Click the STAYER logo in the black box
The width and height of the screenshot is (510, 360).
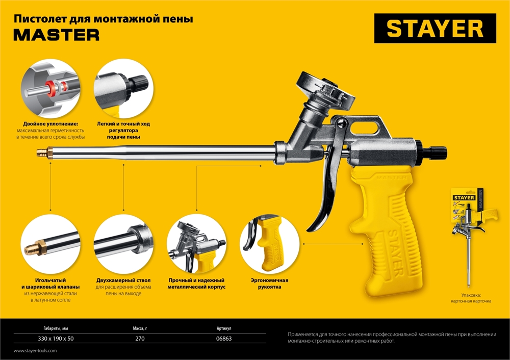[x=435, y=28]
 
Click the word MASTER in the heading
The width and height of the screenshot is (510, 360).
[x=56, y=35]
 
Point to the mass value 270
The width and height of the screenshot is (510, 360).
[x=141, y=339]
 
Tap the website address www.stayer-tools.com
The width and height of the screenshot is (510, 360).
[x=35, y=351]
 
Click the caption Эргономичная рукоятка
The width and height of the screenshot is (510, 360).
[x=269, y=284]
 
